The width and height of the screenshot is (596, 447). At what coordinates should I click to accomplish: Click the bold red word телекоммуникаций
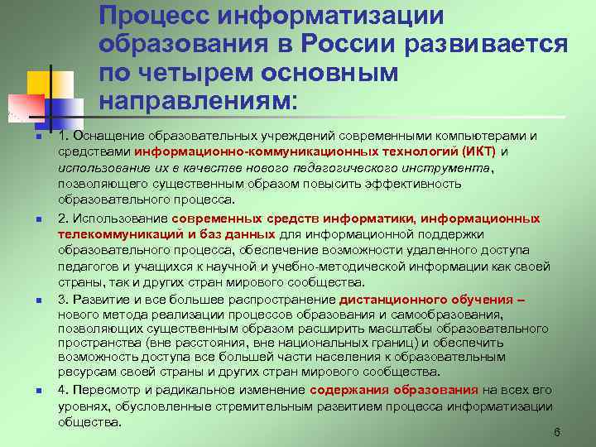click(115, 235)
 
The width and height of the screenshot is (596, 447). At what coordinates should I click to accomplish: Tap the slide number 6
click(557, 433)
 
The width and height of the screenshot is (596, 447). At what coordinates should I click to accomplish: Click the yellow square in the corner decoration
click(41, 83)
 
